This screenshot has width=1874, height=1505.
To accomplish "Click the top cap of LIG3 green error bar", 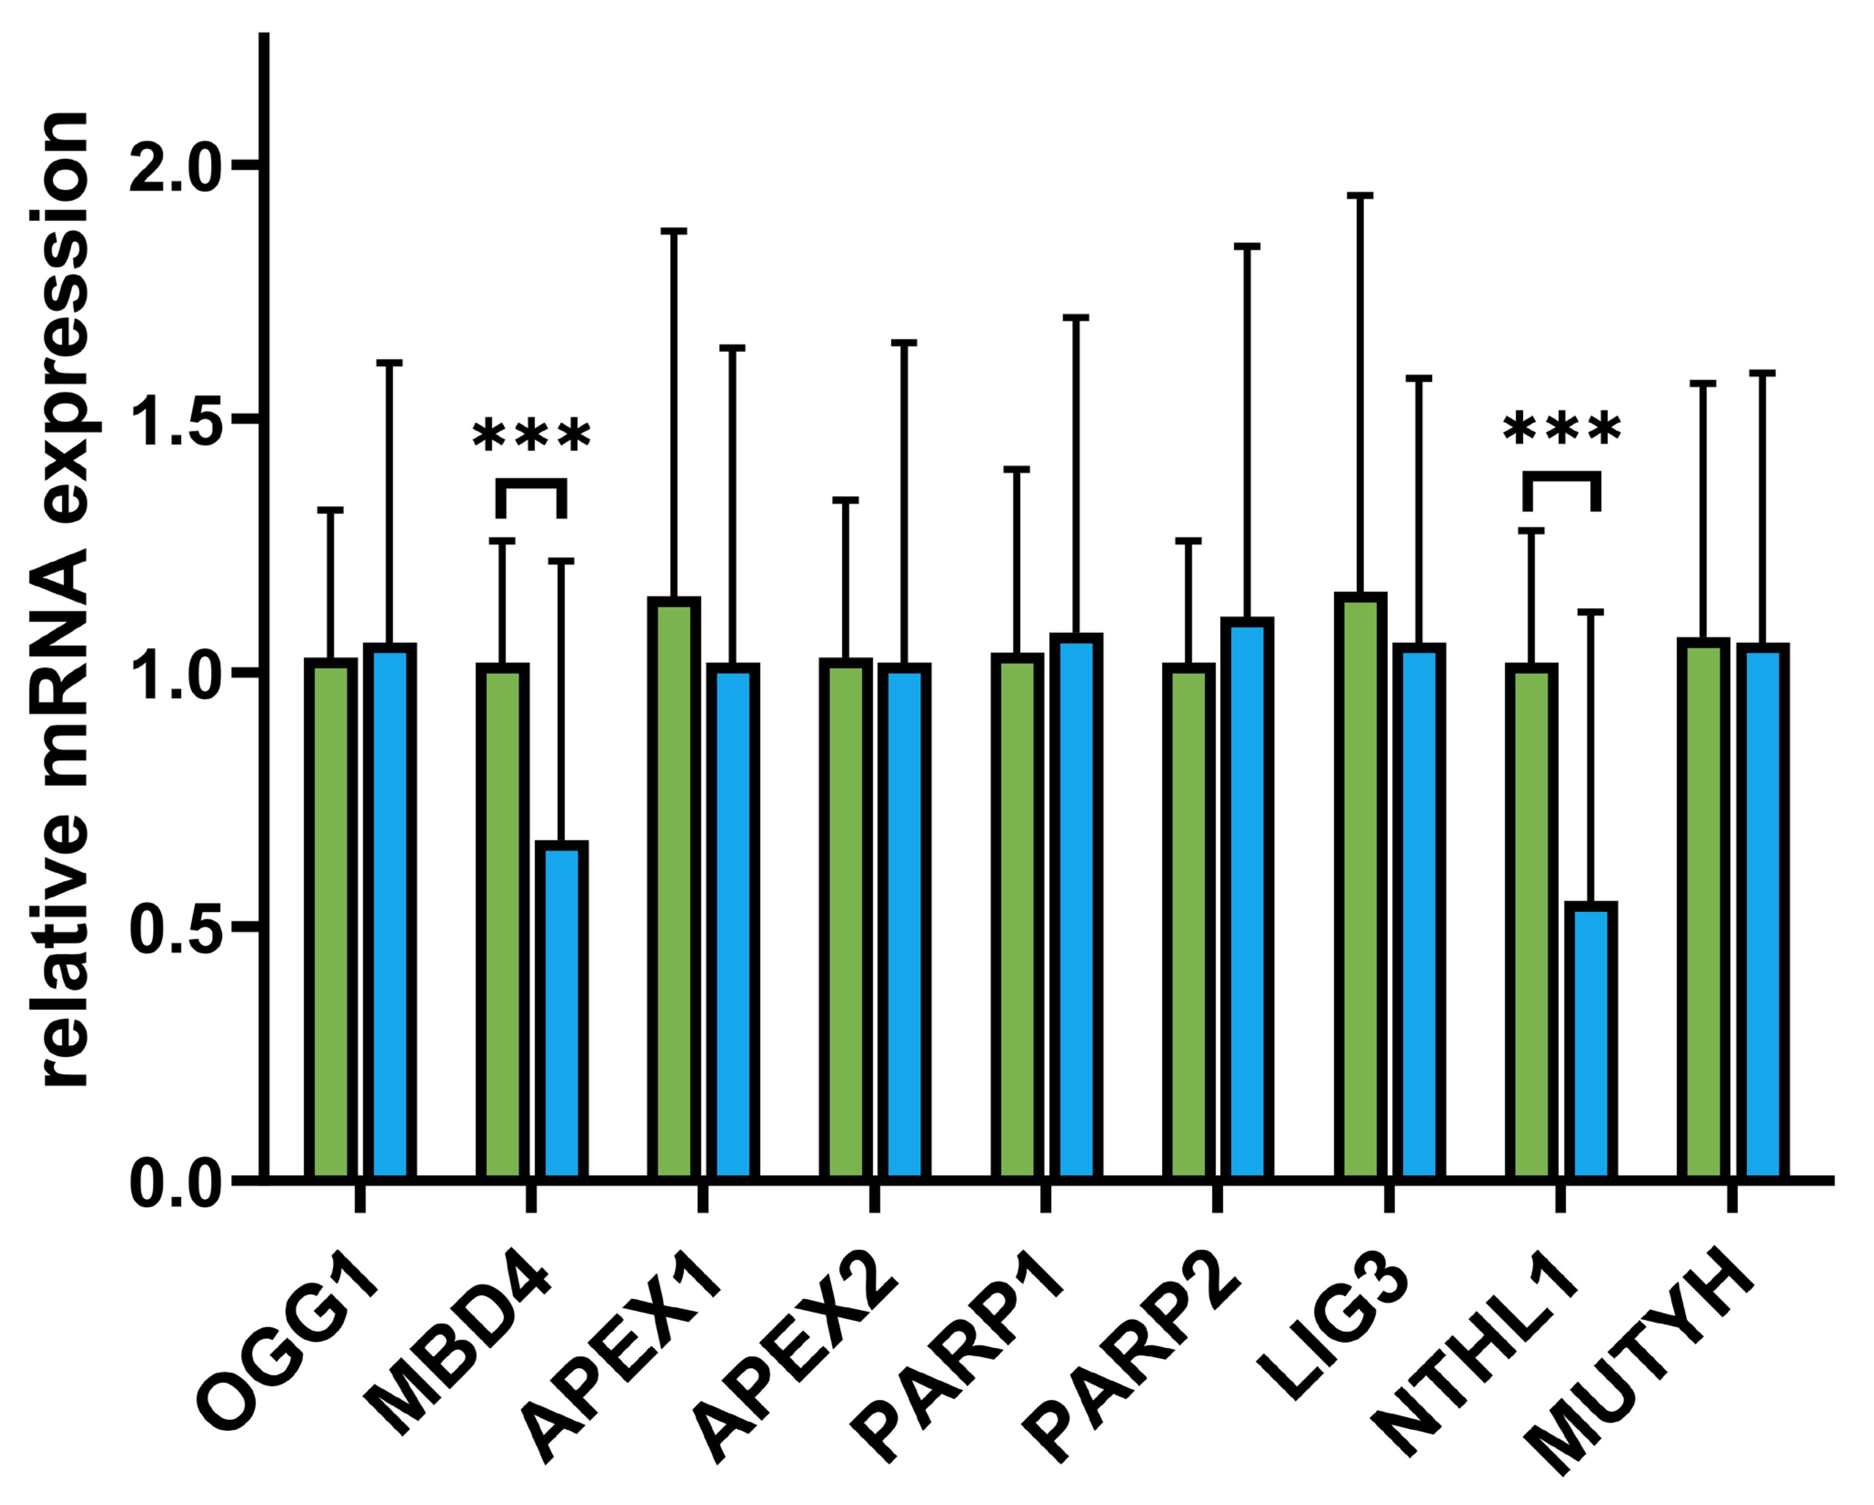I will [1360, 196].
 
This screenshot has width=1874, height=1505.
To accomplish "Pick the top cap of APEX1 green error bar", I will [674, 231].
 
